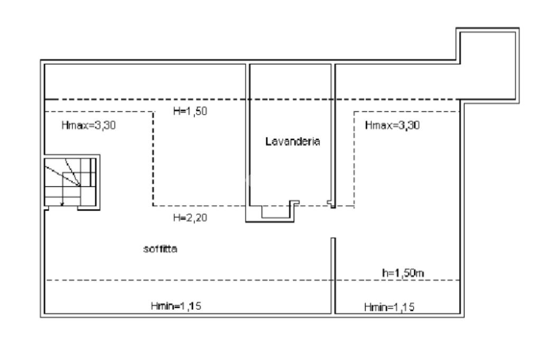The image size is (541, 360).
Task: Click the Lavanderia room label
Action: pos(293,141)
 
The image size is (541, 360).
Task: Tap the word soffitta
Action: pos(160,249)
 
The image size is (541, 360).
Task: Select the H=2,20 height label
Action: pos(190,217)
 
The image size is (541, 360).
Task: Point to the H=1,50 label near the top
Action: pos(190,111)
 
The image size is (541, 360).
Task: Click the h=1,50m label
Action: pos(403,273)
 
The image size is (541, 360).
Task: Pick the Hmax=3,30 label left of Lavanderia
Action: pos(89,125)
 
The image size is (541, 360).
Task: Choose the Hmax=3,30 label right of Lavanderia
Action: pos(393,125)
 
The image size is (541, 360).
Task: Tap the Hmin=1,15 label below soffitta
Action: pos(176,306)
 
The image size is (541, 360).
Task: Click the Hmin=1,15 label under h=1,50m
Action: pos(389,307)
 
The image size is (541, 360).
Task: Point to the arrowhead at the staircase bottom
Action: pos(62,204)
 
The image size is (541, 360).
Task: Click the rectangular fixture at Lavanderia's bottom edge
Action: pos(275,212)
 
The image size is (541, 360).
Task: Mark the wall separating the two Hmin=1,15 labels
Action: pos(333,276)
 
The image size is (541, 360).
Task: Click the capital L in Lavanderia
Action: pos(268,141)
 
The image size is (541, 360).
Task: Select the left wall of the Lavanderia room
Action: pos(248,143)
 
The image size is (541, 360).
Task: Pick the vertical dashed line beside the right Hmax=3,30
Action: pos(355,158)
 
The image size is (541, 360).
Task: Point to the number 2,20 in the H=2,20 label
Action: pos(197,217)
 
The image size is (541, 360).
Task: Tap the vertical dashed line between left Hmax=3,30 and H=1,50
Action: pos(153,158)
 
